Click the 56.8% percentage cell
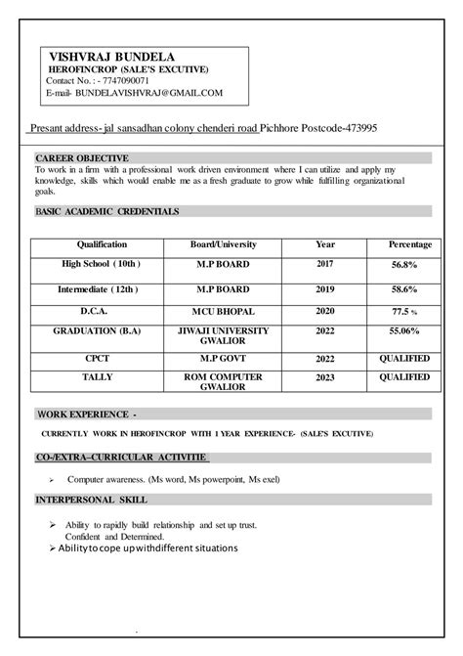403,265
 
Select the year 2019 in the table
325,290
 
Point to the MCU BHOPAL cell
221,312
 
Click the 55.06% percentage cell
403,332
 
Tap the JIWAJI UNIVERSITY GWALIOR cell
221,338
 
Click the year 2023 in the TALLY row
325,376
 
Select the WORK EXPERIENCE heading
87,414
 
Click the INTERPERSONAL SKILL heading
91,501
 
